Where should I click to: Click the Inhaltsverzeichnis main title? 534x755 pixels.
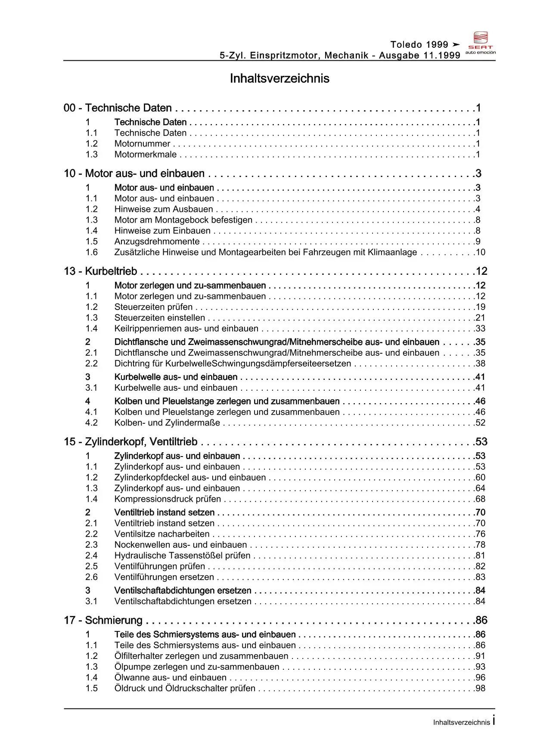[x=279, y=78]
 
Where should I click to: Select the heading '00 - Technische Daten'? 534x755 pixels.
[x=118, y=108]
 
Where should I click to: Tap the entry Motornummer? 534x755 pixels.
[x=142, y=144]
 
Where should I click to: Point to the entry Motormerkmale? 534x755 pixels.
[x=145, y=155]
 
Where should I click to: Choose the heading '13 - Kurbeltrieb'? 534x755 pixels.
[x=100, y=271]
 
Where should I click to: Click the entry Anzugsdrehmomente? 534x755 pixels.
[x=157, y=242]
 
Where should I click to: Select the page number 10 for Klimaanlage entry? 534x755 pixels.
[x=481, y=252]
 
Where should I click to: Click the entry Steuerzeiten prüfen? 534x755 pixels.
[x=153, y=307]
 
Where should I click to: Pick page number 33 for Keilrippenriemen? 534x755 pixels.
[x=480, y=329]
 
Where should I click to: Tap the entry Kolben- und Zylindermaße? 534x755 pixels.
[x=167, y=423]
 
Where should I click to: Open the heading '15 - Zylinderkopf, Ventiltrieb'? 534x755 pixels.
[x=130, y=442]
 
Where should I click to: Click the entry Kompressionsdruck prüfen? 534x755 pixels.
[x=168, y=499]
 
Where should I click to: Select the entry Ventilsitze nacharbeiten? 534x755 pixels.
[x=162, y=534]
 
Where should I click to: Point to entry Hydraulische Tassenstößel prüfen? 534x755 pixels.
[x=182, y=556]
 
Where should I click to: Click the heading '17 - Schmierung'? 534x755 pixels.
[x=103, y=620]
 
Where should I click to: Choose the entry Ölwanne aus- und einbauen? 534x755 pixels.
[x=170, y=677]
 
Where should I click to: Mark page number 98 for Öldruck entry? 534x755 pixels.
[x=480, y=688]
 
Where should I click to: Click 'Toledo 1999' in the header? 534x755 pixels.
[x=419, y=44]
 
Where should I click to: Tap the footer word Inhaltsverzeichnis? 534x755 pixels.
[x=461, y=722]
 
